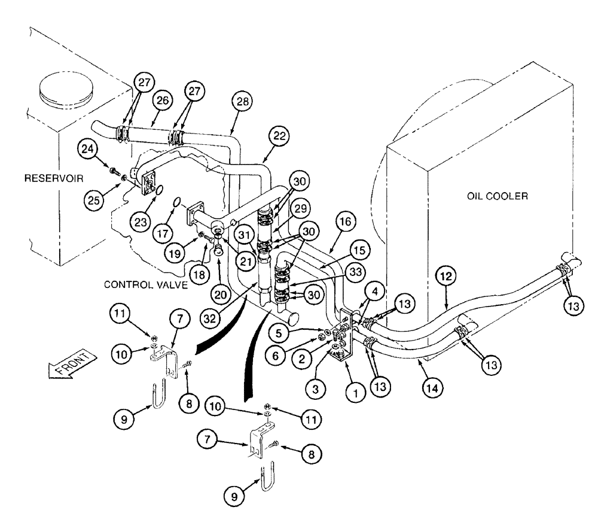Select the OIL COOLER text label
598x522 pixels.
(498, 196)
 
